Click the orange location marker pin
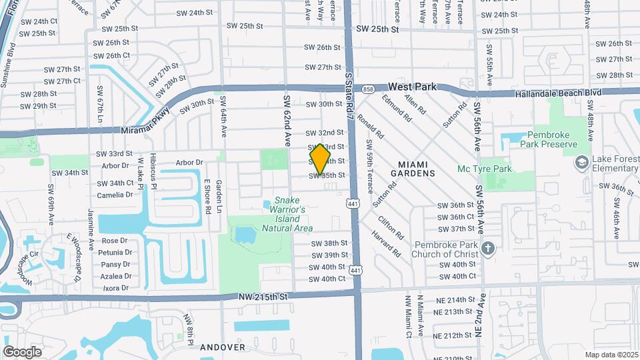tap(320, 159)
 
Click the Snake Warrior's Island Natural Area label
tap(287, 214)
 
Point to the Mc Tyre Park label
tap(485, 169)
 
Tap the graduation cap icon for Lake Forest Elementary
tap(581, 162)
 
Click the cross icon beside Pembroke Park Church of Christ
tap(488, 249)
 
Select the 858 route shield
tap(369, 89)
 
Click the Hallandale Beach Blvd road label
tap(558, 94)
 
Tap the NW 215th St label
tap(265, 295)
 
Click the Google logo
tap(22, 351)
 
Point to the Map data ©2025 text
tap(611, 355)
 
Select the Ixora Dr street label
tap(115, 288)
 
